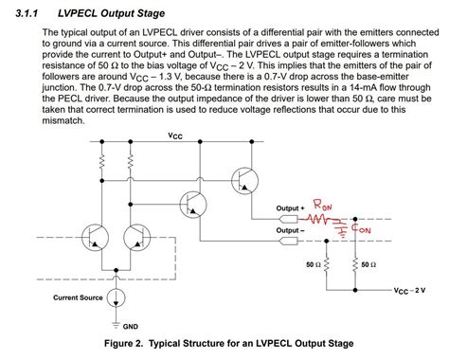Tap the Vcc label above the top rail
coord(175,135)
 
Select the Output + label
coord(291,207)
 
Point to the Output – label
coord(291,228)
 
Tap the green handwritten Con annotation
coord(363,227)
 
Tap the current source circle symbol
coord(115,296)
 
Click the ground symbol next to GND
coord(115,318)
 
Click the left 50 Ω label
coord(314,264)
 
